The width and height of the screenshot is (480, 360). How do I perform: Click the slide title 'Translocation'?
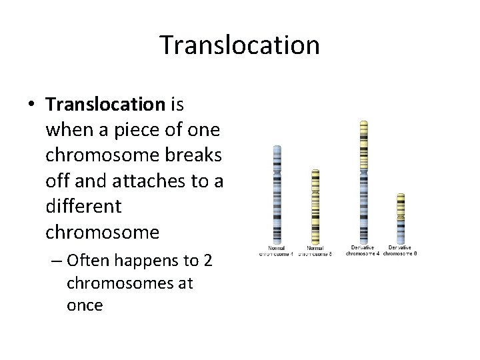(x=240, y=45)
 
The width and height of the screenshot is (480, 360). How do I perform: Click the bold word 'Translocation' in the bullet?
(x=105, y=105)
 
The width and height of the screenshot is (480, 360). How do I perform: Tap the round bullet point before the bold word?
(x=31, y=105)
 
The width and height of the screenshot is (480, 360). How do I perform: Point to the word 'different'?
(x=83, y=207)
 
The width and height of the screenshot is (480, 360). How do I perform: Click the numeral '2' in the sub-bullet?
(x=207, y=261)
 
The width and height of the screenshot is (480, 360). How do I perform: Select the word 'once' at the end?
(x=85, y=306)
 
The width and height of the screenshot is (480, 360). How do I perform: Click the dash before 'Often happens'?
(x=56, y=261)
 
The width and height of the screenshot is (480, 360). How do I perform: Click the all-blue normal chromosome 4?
(x=277, y=193)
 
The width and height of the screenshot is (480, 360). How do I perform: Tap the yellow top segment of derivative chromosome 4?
(x=363, y=143)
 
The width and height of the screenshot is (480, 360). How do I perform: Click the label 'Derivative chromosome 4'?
(x=363, y=251)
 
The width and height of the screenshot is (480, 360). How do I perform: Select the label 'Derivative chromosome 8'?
(x=400, y=251)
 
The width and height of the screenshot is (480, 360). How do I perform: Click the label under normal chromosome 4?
(x=277, y=251)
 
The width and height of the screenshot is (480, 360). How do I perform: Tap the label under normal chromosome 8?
(x=315, y=251)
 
